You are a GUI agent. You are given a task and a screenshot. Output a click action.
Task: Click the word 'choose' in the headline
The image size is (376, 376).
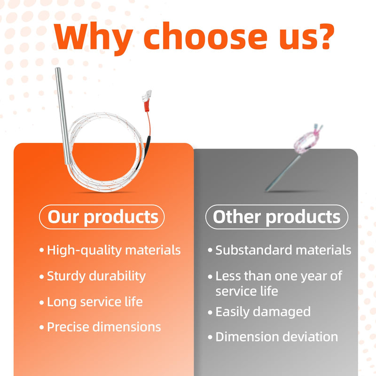point(205,36)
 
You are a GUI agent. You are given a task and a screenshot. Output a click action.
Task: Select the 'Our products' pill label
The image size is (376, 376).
point(102,217)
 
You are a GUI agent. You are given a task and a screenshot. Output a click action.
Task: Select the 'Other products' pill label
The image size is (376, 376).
point(277,217)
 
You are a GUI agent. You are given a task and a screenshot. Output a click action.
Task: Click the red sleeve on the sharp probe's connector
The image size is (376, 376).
point(146,106)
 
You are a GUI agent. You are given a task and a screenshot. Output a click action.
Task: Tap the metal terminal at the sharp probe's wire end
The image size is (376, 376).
point(147,95)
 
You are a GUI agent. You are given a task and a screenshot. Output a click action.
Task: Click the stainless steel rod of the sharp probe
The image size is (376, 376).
point(63,116)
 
